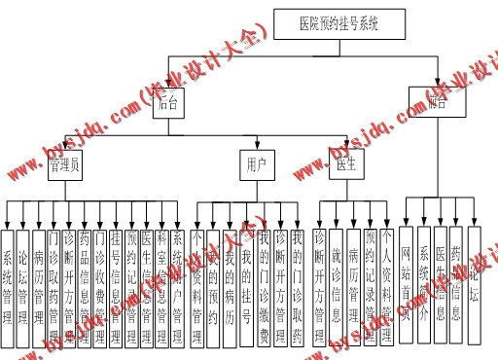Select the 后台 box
pyautogui.click(x=164, y=104)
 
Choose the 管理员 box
pyautogui.click(x=65, y=166)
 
